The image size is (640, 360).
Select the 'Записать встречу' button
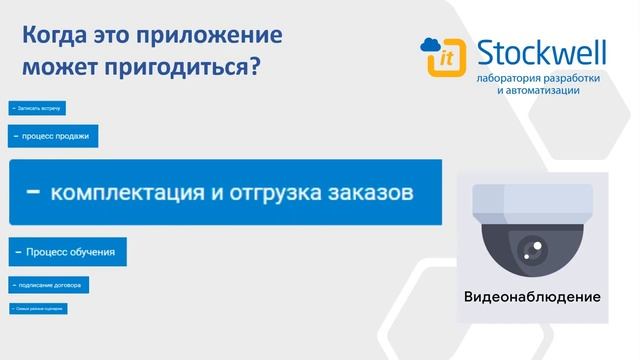coord(37,108)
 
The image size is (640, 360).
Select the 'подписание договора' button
coord(49,285)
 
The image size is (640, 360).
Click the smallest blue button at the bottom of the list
coord(38,309)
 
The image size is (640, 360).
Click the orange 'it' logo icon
coord(443,61)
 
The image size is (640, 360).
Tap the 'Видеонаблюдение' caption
coord(532,298)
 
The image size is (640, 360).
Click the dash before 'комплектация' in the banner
coord(33,192)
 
